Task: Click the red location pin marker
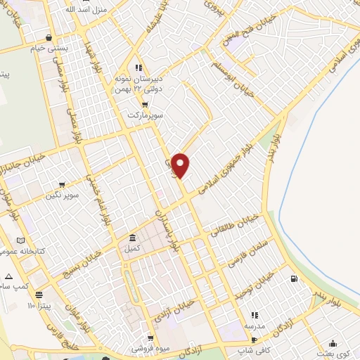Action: pyautogui.click(x=181, y=165)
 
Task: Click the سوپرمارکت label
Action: pyautogui.click(x=145, y=114)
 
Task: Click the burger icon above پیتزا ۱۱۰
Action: pyautogui.click(x=39, y=295)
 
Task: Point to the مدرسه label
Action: pyautogui.click(x=254, y=326)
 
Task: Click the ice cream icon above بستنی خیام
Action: pyautogui.click(x=47, y=38)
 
